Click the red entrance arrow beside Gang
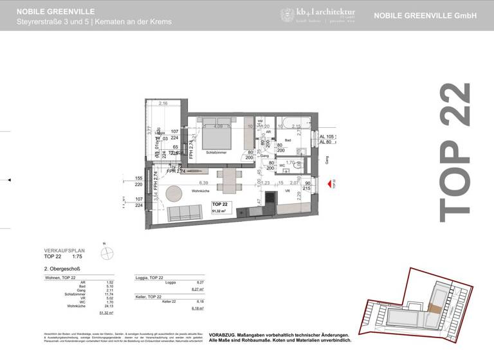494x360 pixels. [330, 184]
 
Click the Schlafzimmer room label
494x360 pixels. [217, 153]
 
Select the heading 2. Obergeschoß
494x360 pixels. [62, 269]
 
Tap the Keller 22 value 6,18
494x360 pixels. [199, 301]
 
